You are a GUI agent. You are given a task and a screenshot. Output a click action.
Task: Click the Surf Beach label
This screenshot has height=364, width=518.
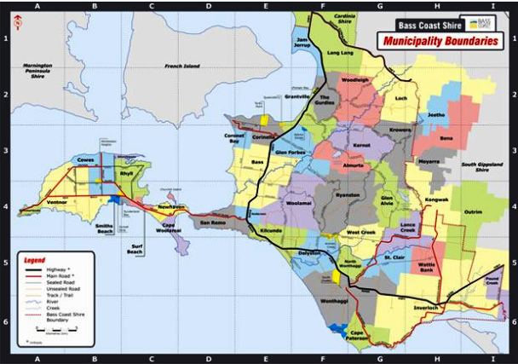point(135,250)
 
